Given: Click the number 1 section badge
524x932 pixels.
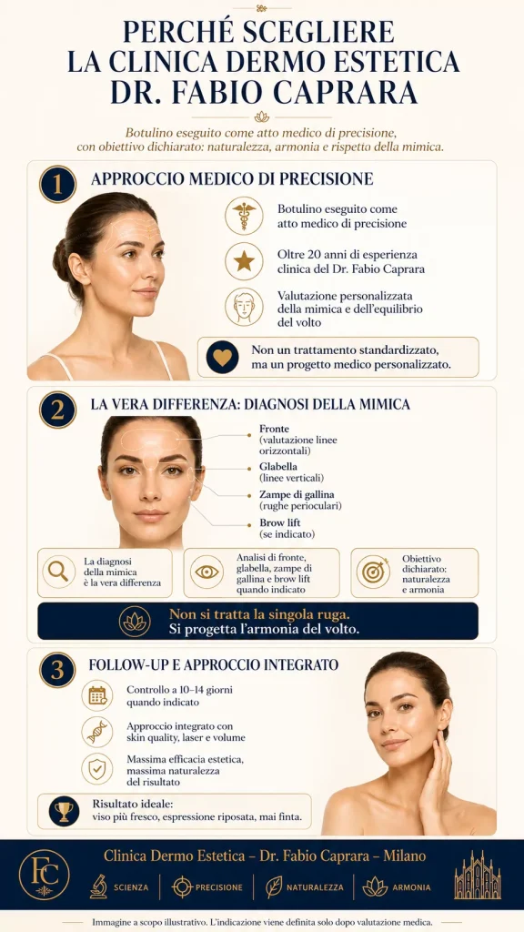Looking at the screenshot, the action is (57, 184).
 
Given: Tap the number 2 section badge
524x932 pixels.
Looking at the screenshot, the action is (57, 410).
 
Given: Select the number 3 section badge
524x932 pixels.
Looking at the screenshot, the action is (57, 670).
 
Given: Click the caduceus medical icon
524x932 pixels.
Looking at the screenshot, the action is (244, 216).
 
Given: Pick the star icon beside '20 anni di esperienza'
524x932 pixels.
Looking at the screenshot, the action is (244, 261).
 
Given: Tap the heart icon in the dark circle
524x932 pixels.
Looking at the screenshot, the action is (222, 357).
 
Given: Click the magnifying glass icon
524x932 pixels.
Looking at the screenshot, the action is (59, 572).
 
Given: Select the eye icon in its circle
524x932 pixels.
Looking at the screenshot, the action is (207, 572).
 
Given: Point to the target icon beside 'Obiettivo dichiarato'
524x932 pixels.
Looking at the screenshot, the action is (373, 572).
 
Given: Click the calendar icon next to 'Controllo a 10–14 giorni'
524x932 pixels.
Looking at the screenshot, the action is (96, 695).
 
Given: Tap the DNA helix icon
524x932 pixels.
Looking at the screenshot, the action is (96, 732).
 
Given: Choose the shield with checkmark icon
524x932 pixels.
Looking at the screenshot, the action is (96, 768).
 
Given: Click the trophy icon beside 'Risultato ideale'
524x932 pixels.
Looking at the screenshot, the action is (65, 811).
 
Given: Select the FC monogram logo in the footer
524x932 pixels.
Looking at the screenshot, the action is (44, 875).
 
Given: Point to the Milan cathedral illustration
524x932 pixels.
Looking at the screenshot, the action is (478, 875).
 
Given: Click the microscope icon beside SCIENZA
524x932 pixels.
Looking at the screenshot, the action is (98, 886).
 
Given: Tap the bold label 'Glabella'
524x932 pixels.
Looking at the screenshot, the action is (278, 467).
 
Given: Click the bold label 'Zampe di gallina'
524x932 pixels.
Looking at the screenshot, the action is (297, 494).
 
